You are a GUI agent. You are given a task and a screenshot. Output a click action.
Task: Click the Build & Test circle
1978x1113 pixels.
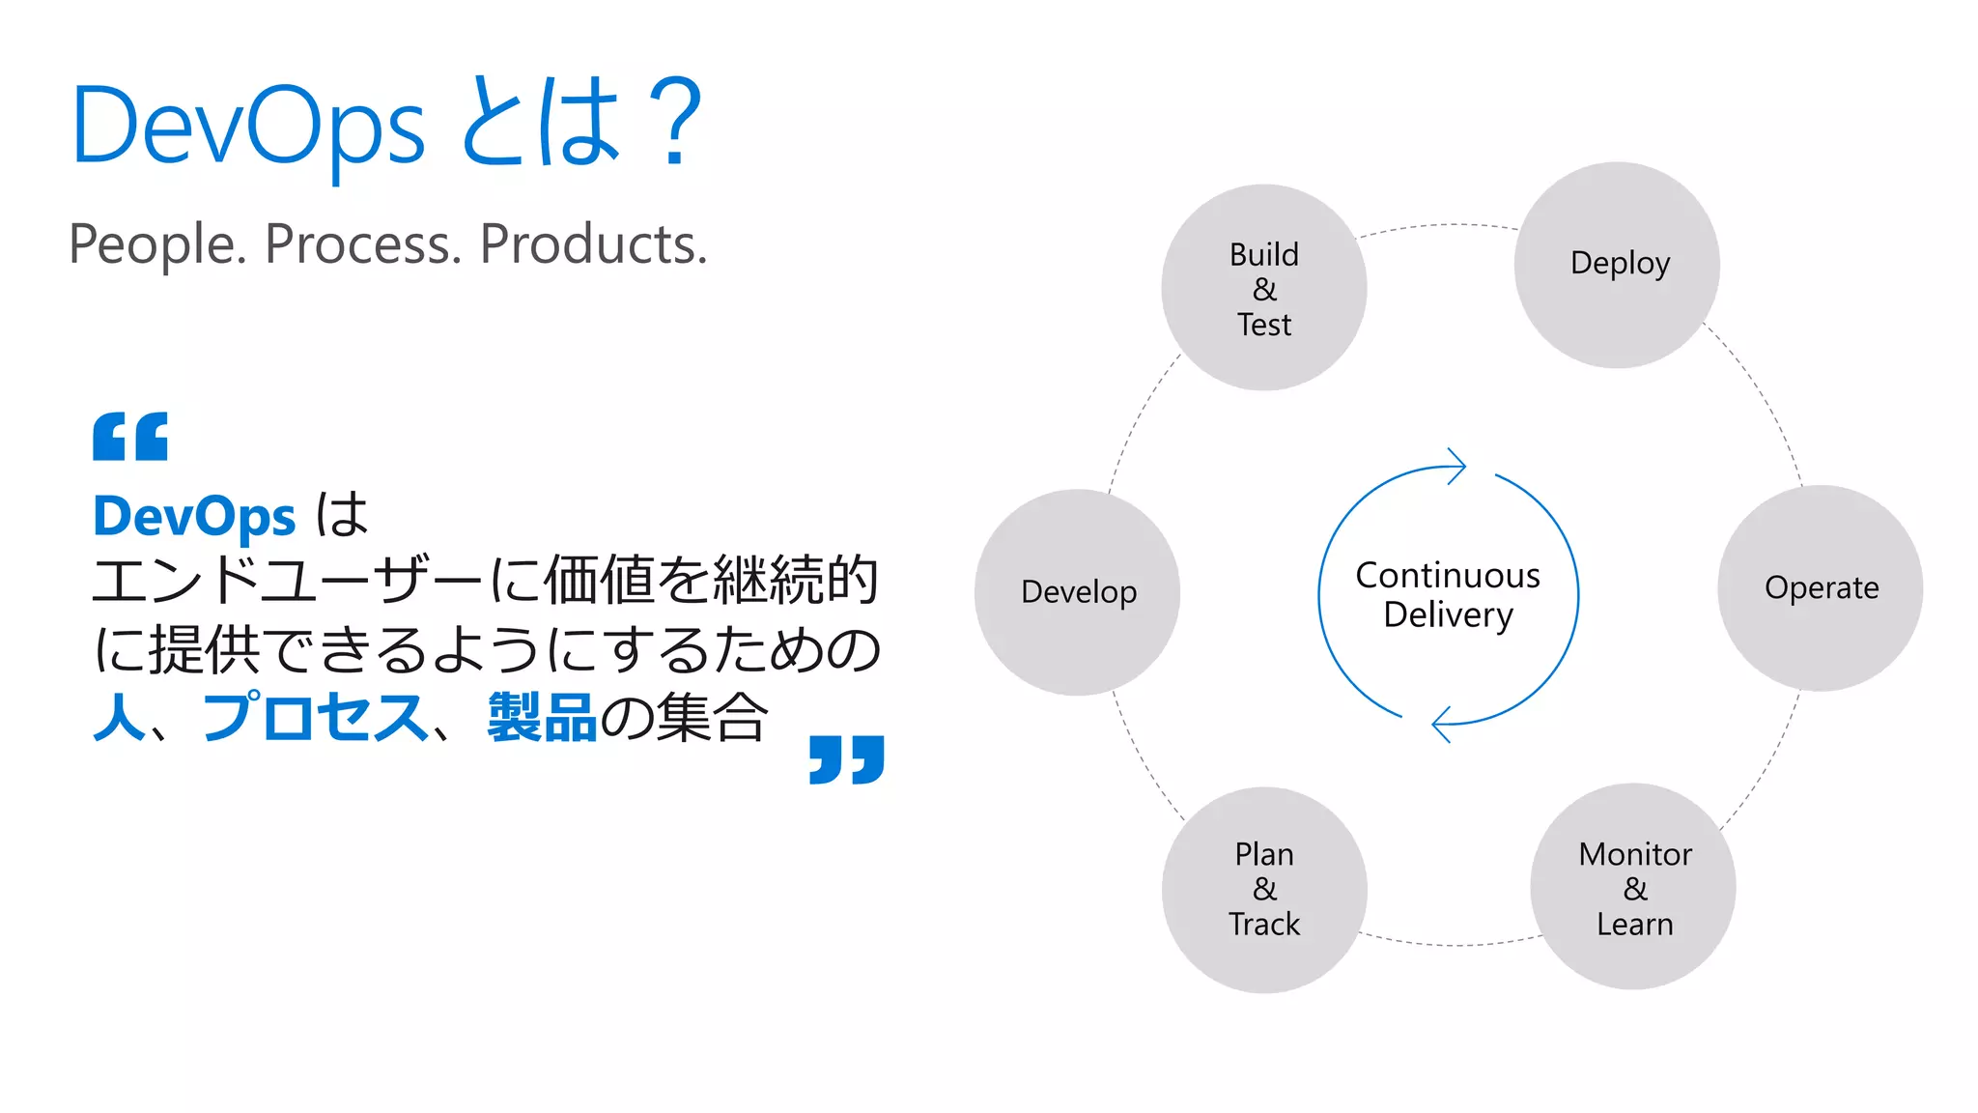coord(1263,288)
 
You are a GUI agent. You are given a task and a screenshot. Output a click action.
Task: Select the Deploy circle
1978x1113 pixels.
coord(1617,265)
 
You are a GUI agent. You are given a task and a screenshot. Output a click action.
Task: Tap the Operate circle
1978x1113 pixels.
coord(1820,588)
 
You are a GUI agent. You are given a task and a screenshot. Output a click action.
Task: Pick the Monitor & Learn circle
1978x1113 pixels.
coord(1633,887)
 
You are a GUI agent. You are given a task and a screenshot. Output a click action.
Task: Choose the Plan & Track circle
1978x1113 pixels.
coord(1263,889)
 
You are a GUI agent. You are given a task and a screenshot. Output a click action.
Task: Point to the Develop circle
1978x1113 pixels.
coord(1077,592)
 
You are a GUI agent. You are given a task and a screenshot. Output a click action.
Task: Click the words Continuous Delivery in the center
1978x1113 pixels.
coord(1447,595)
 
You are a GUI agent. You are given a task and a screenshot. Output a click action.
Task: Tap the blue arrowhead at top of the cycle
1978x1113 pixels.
coord(1456,467)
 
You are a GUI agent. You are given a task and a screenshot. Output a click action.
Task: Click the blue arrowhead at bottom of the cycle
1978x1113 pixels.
coord(1441,724)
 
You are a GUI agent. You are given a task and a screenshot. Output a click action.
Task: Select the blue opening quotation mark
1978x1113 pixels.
coord(130,437)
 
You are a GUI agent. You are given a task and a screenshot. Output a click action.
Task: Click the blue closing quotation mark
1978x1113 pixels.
coord(846,759)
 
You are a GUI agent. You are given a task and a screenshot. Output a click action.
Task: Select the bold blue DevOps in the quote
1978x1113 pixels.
coord(194,516)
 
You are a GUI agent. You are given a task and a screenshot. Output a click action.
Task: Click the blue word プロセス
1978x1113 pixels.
coord(315,717)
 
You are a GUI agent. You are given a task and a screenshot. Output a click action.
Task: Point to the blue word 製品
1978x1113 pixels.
coord(542,717)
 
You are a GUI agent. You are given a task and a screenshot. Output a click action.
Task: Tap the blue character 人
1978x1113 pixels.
coord(119,717)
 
